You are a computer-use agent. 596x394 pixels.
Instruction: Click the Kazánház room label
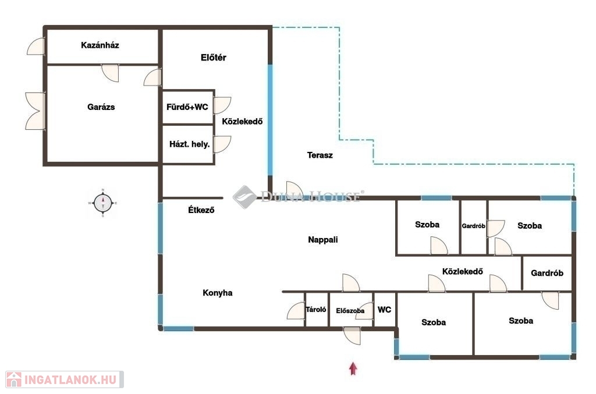pyautogui.click(x=100, y=45)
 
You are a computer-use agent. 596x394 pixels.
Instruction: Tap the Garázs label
pyautogui.click(x=101, y=107)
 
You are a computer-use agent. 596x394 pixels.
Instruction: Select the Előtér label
pyautogui.click(x=213, y=58)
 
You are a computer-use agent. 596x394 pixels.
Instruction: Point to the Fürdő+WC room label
pyautogui.click(x=187, y=107)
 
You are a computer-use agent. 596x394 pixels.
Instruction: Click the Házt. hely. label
pyautogui.click(x=190, y=144)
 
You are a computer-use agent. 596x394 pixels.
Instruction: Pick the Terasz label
pyautogui.click(x=320, y=155)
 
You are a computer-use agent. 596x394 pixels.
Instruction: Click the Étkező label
pyautogui.click(x=201, y=210)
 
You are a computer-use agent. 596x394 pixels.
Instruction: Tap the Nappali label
pyautogui.click(x=322, y=240)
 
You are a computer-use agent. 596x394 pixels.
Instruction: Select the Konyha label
pyautogui.click(x=218, y=293)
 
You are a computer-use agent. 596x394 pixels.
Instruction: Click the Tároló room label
pyautogui.click(x=316, y=310)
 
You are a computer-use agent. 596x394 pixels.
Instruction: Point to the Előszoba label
pyautogui.click(x=350, y=311)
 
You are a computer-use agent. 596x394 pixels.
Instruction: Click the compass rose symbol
pyautogui.click(x=102, y=203)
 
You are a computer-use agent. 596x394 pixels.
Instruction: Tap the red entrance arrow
pyautogui.click(x=353, y=368)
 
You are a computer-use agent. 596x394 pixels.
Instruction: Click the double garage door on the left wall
pyautogui.click(x=36, y=111)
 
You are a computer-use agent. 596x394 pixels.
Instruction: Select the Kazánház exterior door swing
pyautogui.click(x=36, y=46)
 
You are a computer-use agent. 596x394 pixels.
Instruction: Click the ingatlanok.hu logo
pyautogui.click(x=65, y=379)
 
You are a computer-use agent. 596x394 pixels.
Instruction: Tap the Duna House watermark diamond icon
pyautogui.click(x=244, y=197)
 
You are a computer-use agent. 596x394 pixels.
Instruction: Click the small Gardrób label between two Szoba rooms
pyautogui.click(x=473, y=226)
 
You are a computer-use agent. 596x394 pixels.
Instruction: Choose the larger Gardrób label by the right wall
pyautogui.click(x=547, y=273)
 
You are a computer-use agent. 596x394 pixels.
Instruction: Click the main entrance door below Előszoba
pyautogui.click(x=352, y=335)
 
